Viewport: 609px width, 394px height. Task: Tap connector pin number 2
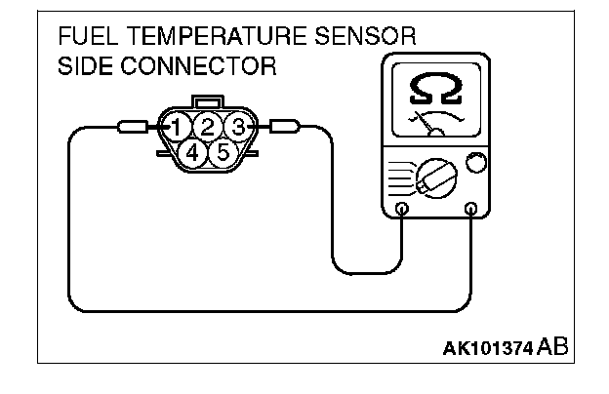pyautogui.click(x=207, y=126)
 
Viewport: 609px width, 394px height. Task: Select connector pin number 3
pyautogui.click(x=235, y=126)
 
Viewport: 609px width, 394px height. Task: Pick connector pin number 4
pyautogui.click(x=192, y=152)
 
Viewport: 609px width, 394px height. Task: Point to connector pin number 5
pyautogui.click(x=222, y=152)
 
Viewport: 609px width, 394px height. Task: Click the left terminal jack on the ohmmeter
pyautogui.click(x=403, y=209)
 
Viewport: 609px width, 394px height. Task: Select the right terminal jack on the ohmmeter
pyautogui.click(x=471, y=209)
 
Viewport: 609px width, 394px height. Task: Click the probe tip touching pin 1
pyautogui.click(x=134, y=127)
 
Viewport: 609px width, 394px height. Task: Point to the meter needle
pyautogui.click(x=426, y=122)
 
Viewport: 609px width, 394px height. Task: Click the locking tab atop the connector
pyautogui.click(x=206, y=100)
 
